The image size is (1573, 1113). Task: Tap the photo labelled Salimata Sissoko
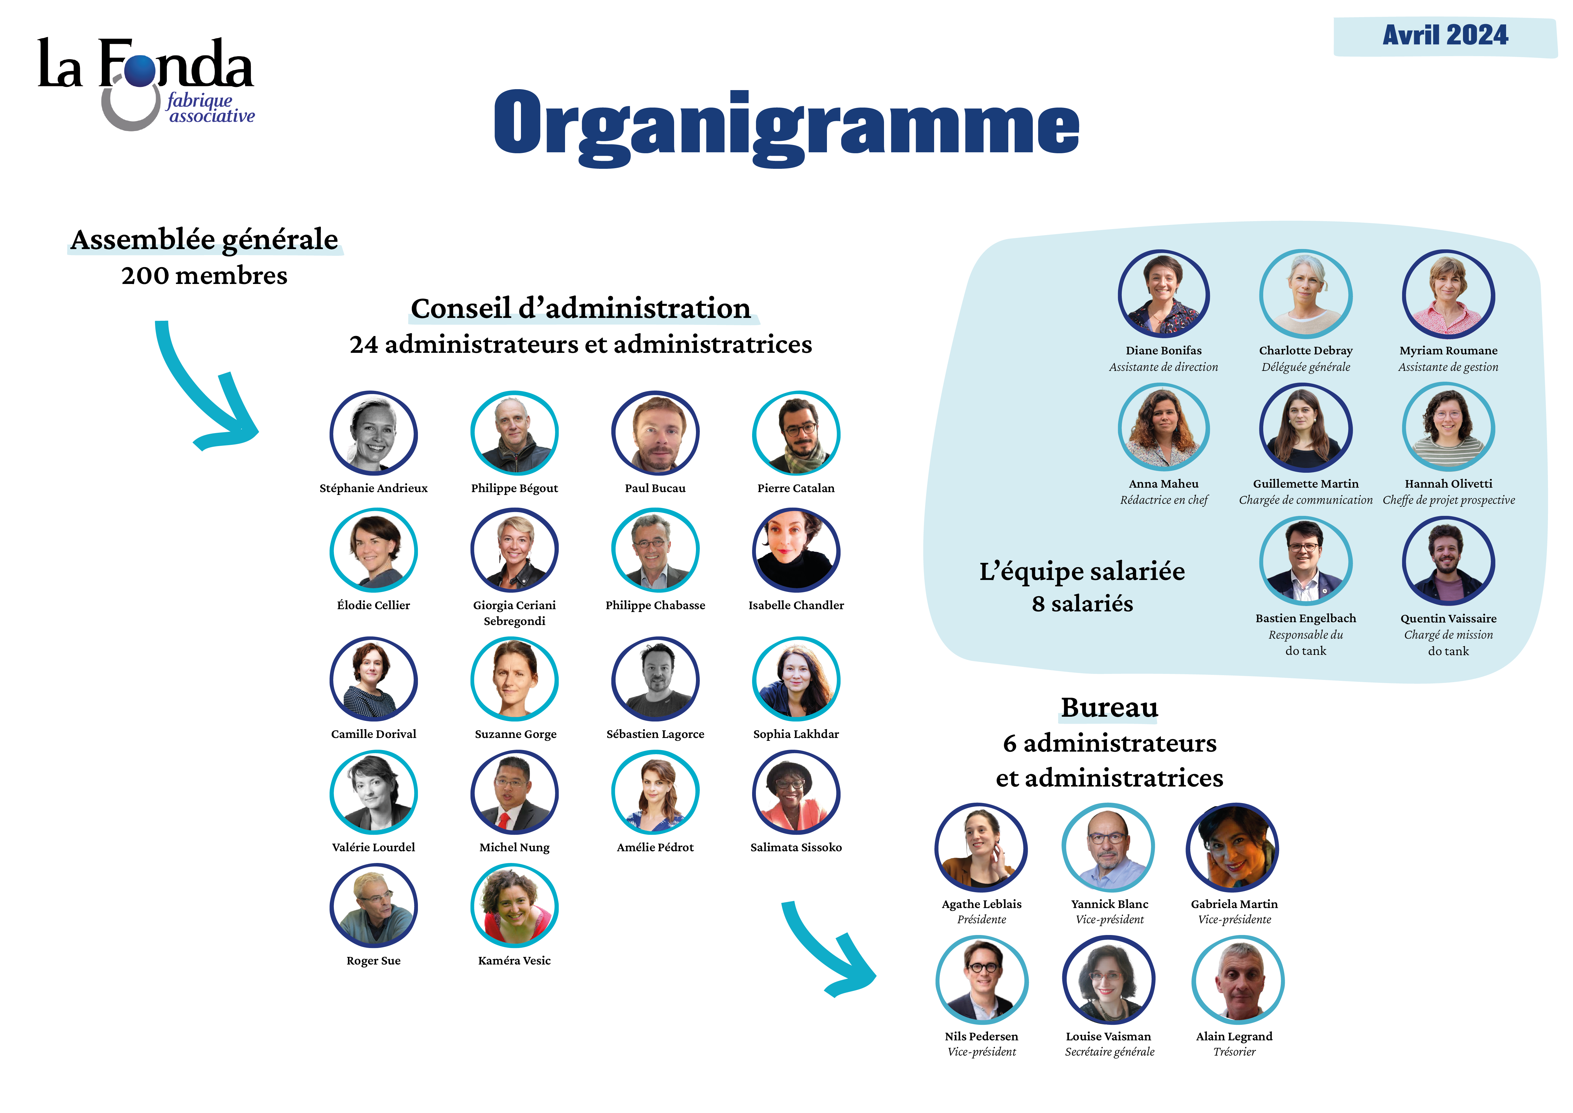tap(796, 793)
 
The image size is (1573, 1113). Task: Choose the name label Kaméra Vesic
tap(515, 961)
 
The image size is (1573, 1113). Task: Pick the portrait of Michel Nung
tap(515, 793)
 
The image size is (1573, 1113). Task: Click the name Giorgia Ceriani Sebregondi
tap(515, 613)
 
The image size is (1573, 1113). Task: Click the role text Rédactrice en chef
tap(1164, 500)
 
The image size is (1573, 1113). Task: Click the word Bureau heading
tap(1109, 707)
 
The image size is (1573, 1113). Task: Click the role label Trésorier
tap(1235, 1052)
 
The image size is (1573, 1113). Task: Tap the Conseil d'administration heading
tap(581, 308)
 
